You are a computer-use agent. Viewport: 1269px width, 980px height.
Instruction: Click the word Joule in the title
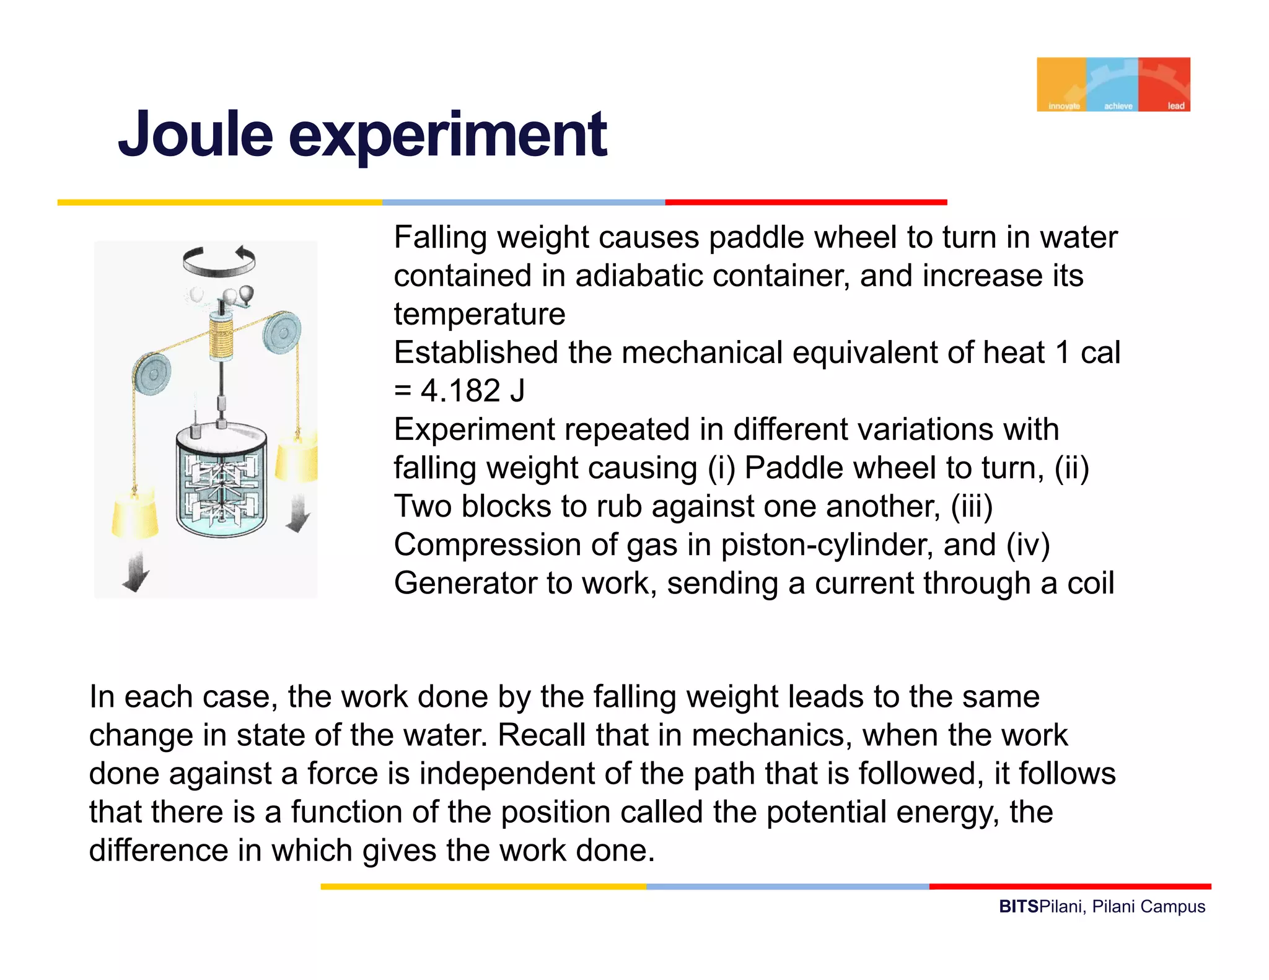point(195,134)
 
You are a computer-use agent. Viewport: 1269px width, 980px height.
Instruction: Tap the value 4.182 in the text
point(460,391)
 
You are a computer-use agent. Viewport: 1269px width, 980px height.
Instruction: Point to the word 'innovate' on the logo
point(1064,106)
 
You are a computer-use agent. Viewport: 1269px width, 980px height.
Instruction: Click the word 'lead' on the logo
point(1175,106)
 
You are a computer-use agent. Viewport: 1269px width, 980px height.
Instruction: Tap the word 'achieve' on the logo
point(1118,106)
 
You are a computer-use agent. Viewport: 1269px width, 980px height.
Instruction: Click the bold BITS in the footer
point(1018,907)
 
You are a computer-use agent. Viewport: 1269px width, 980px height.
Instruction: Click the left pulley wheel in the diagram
point(152,374)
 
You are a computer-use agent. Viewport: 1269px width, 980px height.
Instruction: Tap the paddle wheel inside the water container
point(221,489)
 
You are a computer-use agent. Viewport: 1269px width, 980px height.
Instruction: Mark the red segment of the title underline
point(806,203)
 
